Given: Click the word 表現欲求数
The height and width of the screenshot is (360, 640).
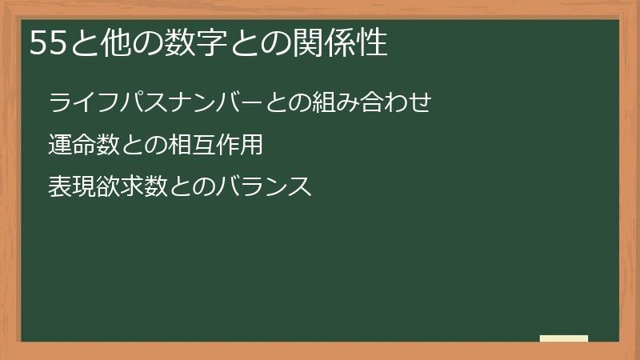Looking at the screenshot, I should [x=106, y=187].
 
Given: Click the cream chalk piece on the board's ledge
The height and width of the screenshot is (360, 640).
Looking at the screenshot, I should [x=564, y=338].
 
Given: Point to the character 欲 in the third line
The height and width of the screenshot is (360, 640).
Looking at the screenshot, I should [x=106, y=187].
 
